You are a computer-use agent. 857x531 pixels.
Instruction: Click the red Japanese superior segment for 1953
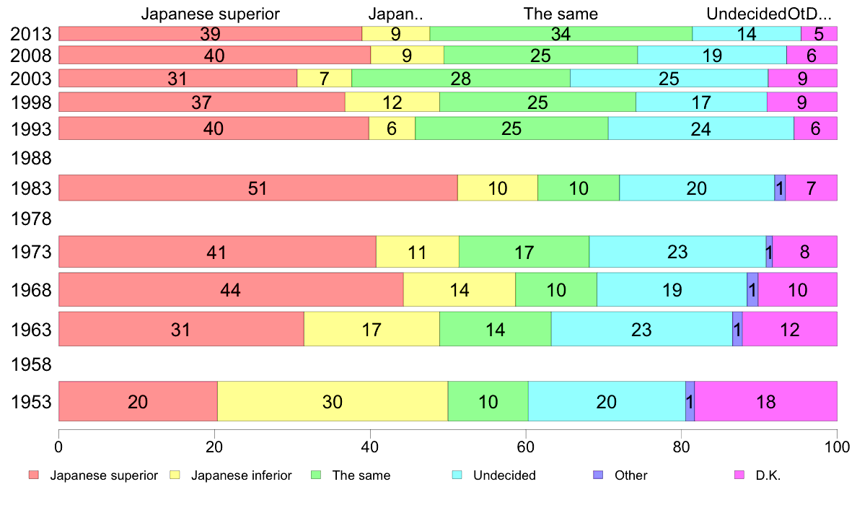138,401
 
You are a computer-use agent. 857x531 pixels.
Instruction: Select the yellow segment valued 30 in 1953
333,401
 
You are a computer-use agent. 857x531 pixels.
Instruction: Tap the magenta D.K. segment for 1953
765,401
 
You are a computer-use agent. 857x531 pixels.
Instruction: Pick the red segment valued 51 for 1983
258,188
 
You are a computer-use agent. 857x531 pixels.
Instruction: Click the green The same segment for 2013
561,33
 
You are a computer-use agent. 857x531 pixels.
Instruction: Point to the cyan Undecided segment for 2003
669,78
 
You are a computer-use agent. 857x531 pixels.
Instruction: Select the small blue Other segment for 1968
752,289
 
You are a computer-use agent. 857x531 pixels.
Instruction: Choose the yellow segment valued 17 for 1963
372,329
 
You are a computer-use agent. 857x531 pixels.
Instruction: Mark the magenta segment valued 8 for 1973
804,252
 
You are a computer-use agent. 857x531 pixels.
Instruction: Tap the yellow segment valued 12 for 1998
392,102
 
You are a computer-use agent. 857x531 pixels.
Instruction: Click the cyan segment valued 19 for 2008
712,56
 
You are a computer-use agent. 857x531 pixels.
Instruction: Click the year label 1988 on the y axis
32,157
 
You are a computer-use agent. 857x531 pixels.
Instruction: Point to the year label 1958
32,365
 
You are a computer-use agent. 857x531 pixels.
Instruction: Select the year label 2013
32,34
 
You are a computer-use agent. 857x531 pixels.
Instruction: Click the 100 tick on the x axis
837,447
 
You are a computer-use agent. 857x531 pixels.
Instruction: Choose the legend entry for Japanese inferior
241,475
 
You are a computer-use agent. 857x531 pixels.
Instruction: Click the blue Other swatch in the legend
598,475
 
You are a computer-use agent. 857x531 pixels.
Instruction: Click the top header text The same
561,14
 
